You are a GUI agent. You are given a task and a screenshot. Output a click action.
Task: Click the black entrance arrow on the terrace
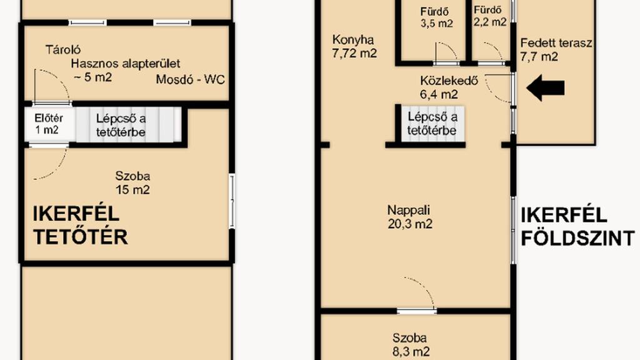545,87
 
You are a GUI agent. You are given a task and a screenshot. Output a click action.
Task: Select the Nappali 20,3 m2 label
409,217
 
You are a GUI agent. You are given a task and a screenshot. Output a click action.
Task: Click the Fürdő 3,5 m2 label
436,17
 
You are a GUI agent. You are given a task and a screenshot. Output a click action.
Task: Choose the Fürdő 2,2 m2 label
490,16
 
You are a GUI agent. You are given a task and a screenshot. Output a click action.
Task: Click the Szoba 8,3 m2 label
410,344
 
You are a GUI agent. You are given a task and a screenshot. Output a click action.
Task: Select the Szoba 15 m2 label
132,183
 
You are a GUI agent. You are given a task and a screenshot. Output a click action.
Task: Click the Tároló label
63,50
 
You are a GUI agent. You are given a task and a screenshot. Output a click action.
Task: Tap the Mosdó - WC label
190,79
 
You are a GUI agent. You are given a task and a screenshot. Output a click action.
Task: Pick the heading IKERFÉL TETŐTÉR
80,225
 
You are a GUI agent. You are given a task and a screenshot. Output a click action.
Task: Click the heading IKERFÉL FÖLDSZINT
577,226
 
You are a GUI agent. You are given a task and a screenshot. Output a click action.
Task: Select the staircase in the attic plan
129,125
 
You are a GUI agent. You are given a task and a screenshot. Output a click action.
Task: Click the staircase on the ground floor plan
432,124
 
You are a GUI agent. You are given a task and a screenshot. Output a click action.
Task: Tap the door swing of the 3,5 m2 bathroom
446,52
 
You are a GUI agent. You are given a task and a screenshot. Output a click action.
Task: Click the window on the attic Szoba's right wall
232,201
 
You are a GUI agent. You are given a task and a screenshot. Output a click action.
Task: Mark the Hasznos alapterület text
125,64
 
